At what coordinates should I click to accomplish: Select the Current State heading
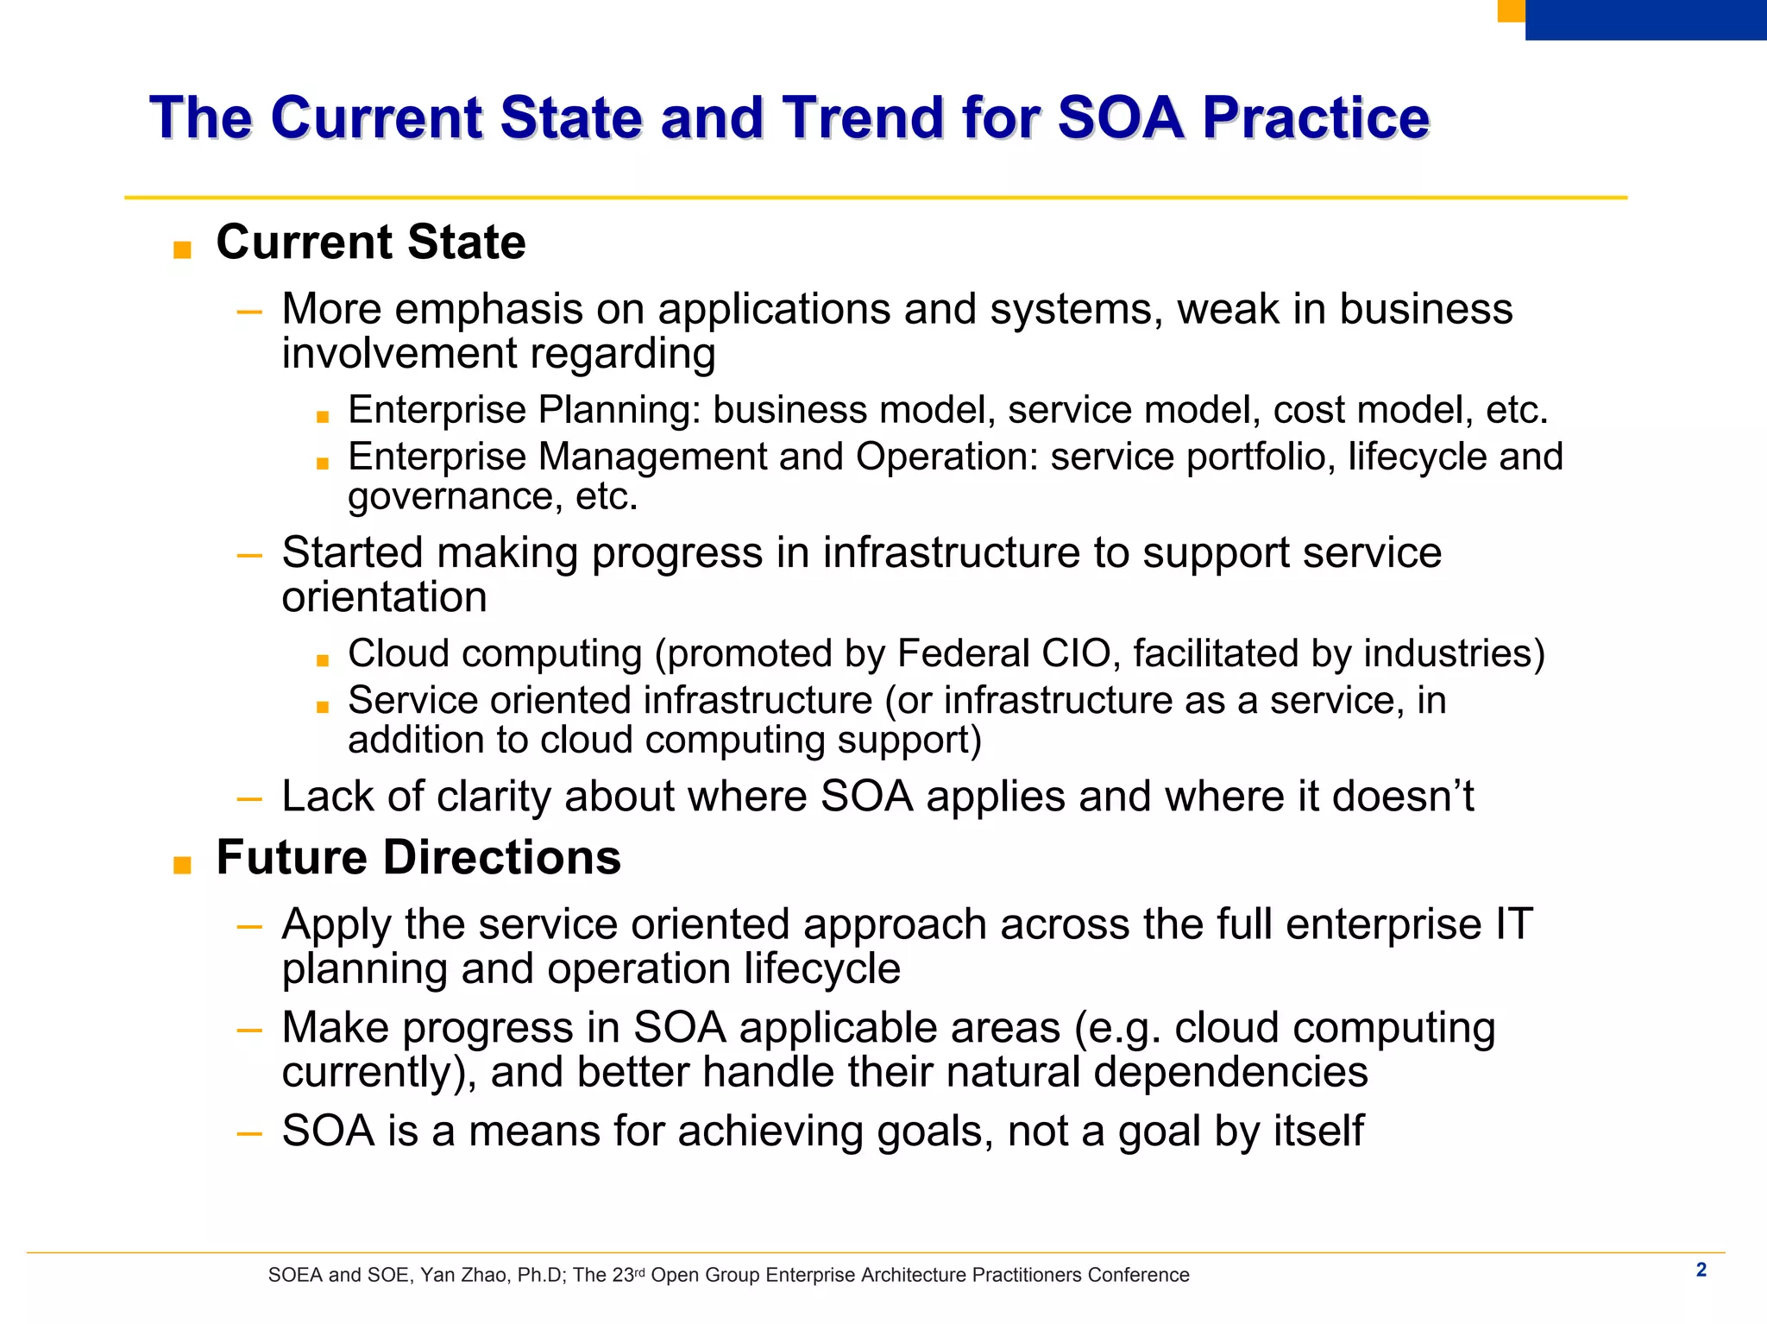[x=370, y=242]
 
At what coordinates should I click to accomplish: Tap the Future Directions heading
[x=418, y=857]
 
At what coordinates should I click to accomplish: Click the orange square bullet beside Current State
[x=182, y=251]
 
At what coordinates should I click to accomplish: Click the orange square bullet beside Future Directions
[x=182, y=866]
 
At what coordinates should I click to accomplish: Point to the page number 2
[x=1701, y=1270]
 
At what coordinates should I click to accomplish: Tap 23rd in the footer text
[x=628, y=1275]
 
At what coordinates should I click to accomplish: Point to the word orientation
[x=384, y=597]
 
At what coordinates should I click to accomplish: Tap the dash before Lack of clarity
[x=249, y=799]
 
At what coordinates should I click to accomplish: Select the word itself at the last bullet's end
[x=1319, y=1131]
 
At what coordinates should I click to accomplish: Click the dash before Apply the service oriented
[x=249, y=927]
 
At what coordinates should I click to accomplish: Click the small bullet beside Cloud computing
[x=323, y=661]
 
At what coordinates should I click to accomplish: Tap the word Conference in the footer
[x=1138, y=1276]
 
